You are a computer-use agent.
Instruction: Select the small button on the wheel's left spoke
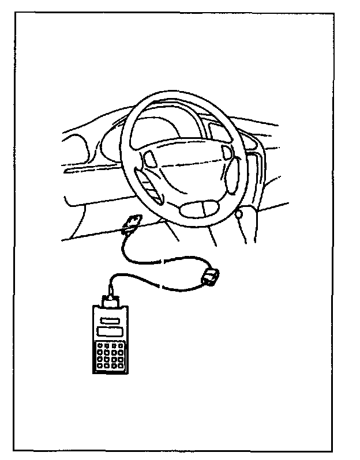click(x=151, y=157)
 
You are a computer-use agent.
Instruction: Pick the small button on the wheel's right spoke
click(x=226, y=152)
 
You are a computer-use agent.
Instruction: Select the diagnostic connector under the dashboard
click(x=133, y=222)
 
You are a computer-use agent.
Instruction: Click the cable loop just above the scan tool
click(x=115, y=280)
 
